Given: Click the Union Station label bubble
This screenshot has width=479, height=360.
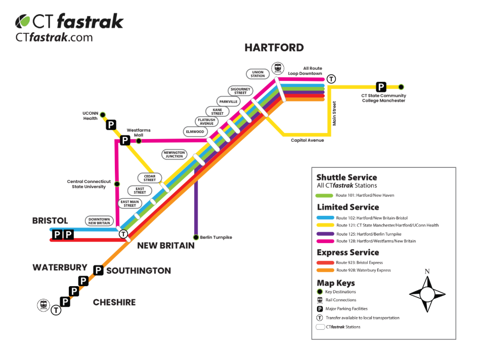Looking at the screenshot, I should pos(258,74).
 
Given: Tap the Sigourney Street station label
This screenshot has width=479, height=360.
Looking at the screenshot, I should pos(240,91).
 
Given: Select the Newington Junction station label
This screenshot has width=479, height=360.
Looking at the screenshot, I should pos(175,154).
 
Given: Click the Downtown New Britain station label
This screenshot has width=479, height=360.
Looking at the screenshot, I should pos(100,221).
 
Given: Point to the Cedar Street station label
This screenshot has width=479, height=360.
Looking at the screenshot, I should pos(150,178).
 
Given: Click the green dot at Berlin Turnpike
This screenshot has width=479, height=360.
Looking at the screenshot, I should pos(196,237).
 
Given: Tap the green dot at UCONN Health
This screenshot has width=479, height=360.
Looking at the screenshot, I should pos(102,114).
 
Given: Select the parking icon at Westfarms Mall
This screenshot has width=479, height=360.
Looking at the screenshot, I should pos(125,141).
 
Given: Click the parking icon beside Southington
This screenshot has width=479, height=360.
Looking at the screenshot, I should pos(98,271).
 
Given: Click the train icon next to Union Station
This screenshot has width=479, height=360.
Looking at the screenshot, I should pos(278,68).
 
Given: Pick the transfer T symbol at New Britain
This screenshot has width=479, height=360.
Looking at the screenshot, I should pos(123,234).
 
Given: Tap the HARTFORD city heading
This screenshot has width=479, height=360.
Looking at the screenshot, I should pos(274,48).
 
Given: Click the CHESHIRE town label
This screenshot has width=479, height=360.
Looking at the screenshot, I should pos(114,302).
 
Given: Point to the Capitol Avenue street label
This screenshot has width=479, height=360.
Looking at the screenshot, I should pos(307,141).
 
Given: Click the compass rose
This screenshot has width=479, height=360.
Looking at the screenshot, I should pos(427,293).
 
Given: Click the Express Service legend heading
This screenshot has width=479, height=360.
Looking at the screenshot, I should pos(347,252).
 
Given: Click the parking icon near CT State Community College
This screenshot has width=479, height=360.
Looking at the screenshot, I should pos(381,86).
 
